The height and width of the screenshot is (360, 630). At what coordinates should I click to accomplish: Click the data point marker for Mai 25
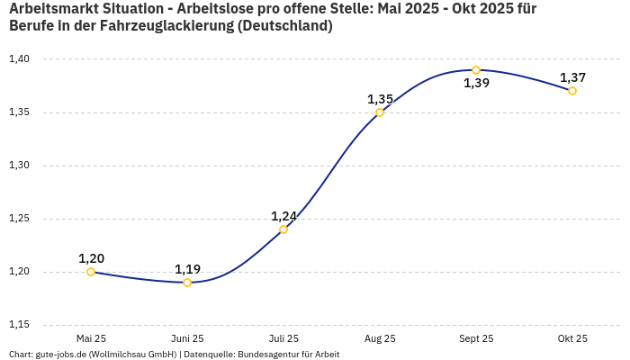(91, 272)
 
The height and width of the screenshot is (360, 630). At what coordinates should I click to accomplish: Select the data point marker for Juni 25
(187, 283)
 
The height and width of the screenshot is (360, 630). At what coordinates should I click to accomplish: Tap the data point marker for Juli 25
(283, 229)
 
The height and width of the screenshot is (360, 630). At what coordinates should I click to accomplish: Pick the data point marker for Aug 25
(380, 112)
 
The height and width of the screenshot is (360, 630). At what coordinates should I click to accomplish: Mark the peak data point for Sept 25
(476, 70)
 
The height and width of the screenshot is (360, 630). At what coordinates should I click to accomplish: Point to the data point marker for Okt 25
(572, 91)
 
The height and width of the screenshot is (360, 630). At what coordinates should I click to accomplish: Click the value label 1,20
(91, 258)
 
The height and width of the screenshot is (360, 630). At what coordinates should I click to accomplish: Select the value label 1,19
(187, 269)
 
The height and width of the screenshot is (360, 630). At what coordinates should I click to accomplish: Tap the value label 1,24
(283, 216)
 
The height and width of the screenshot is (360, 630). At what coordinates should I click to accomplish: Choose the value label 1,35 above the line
(380, 99)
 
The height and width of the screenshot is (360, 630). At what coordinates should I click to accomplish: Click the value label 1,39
(476, 84)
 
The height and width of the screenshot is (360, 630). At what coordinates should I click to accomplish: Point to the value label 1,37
(572, 77)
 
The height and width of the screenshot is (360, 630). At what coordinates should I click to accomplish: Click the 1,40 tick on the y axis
(19, 59)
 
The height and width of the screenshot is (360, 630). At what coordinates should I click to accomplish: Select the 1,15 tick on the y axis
(19, 325)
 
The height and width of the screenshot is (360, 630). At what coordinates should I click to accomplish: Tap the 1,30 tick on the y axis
(19, 166)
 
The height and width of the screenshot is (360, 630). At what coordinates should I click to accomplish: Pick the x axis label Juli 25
(283, 338)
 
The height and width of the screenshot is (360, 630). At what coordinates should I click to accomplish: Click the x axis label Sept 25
(476, 338)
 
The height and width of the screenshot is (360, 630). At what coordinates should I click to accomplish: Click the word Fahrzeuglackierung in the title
(158, 26)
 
